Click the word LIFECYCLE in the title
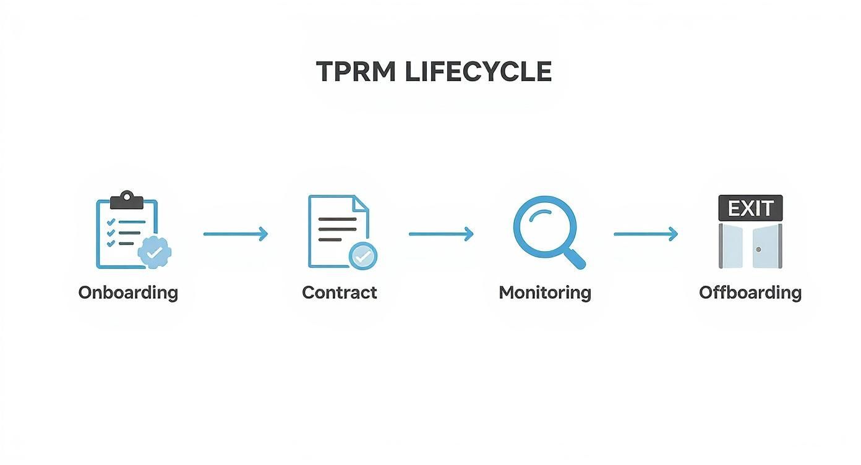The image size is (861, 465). (478, 72)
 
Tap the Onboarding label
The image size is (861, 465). (128, 292)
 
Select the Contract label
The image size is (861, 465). (339, 292)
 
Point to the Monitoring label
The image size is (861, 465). (544, 292)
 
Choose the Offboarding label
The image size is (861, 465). (750, 292)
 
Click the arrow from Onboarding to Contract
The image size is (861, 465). (236, 234)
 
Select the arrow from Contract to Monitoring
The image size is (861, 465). (441, 234)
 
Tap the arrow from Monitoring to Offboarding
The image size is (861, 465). (646, 234)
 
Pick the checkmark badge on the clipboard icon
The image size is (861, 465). (154, 251)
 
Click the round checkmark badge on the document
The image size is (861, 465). (363, 255)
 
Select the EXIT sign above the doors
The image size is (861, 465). (750, 208)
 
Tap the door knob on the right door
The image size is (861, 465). (758, 249)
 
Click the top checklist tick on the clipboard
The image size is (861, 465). (111, 221)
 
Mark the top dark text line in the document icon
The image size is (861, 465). (337, 219)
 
